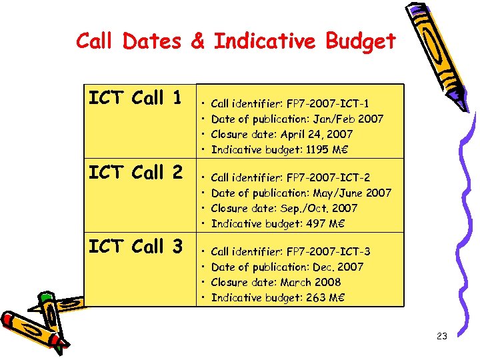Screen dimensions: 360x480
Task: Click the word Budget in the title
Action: click(x=361, y=41)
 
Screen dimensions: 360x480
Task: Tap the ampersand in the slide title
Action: click(x=197, y=41)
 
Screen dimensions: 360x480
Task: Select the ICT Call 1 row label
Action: click(x=135, y=99)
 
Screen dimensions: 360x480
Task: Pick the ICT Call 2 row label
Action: click(x=135, y=173)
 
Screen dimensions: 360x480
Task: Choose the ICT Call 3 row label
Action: click(x=135, y=247)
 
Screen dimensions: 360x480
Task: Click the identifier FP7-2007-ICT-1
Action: click(x=327, y=103)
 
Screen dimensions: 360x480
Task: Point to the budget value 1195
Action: click(x=317, y=149)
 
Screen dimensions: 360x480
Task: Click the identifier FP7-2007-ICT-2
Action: click(x=327, y=177)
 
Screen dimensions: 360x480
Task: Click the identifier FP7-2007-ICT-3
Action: click(x=327, y=251)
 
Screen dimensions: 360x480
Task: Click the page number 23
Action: click(x=441, y=337)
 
